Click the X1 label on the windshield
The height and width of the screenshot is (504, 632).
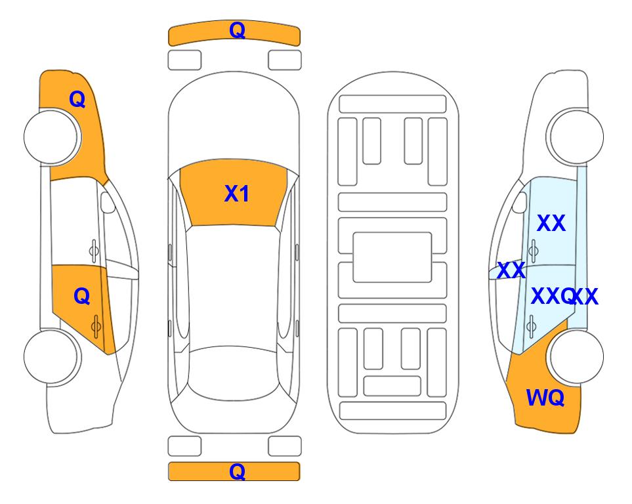point(237,194)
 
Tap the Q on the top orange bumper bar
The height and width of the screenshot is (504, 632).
point(237,30)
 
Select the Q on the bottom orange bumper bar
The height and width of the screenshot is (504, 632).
point(237,471)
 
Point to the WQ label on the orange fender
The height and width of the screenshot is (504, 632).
point(545,398)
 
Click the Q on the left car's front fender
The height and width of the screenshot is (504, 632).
point(77,99)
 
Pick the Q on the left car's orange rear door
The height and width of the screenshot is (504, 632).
point(82,297)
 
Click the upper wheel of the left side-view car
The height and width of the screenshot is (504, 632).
point(52,137)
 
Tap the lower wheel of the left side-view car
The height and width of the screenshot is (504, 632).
point(52,357)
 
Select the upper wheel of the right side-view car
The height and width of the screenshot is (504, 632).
point(576,137)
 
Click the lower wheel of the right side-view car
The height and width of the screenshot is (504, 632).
point(576,357)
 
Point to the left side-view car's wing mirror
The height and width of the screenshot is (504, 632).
point(107,202)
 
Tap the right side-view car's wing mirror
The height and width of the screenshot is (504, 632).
point(520,202)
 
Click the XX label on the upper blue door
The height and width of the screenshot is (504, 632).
point(551,223)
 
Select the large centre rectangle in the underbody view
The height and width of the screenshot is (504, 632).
point(392,257)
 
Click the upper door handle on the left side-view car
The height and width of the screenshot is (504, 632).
point(94,251)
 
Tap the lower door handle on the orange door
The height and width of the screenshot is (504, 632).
point(96,325)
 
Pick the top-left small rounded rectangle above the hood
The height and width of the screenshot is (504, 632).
point(184,60)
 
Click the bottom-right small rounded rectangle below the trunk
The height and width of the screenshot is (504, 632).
point(285,446)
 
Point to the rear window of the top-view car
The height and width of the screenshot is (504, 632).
point(234,374)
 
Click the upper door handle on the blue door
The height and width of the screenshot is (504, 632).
point(534,251)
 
